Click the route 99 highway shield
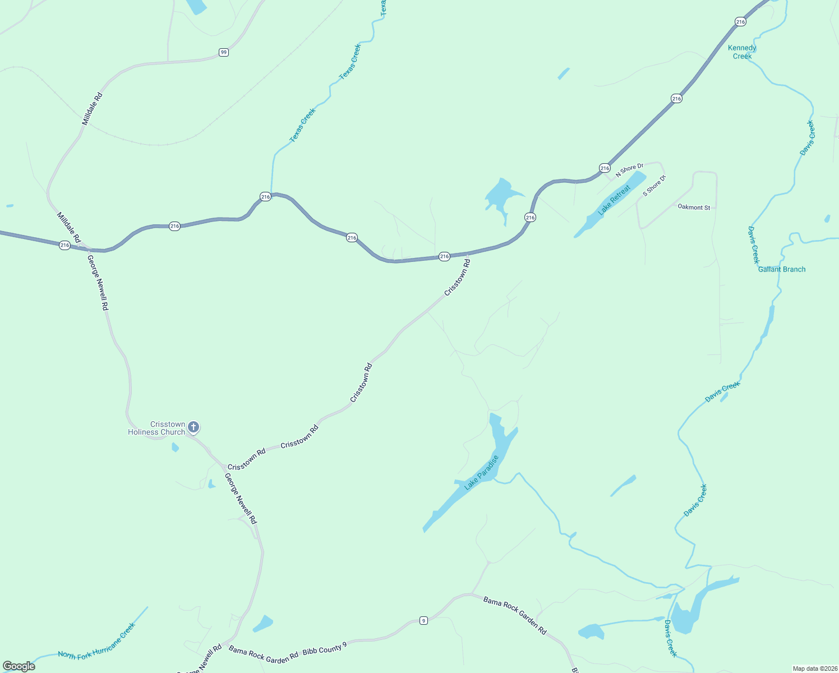point(224,52)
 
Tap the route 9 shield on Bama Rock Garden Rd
point(423,620)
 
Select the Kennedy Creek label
point(742,52)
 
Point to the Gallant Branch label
point(782,269)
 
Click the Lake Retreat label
point(614,200)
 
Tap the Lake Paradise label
point(481,472)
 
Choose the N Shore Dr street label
point(629,170)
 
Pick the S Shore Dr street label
point(654,186)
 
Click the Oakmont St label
point(694,208)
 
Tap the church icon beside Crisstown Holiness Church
point(193,427)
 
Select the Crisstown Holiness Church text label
point(156,428)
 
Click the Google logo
point(19,666)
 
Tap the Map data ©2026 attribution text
point(814,669)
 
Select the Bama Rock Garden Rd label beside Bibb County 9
point(263,655)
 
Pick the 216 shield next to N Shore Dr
point(605,168)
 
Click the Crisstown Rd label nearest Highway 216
point(457,276)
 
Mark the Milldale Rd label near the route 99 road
point(92,109)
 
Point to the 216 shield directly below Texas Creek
point(265,196)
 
